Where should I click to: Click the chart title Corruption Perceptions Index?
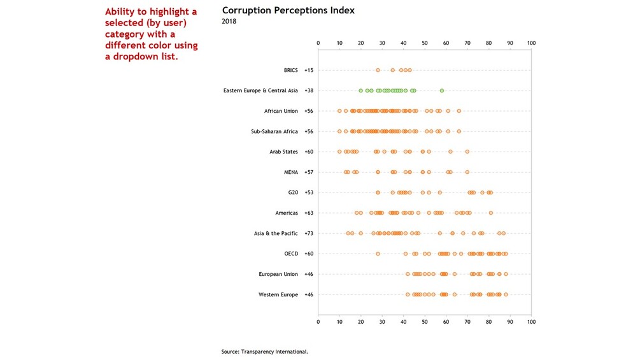tap(288, 11)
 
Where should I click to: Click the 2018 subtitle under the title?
tap(229, 22)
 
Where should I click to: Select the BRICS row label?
tap(290, 70)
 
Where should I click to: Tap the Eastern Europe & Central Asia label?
tap(260, 90)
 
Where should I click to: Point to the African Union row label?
tap(281, 111)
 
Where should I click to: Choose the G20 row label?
tap(292, 192)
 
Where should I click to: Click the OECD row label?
tap(291, 254)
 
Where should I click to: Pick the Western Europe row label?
tap(278, 294)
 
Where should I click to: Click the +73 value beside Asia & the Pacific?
tap(309, 233)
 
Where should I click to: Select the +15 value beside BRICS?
tap(309, 70)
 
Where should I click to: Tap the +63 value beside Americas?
tap(309, 213)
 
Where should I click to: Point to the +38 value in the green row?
tap(309, 90)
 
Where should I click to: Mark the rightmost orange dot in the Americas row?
tap(491, 213)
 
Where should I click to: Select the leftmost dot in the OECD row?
tap(378, 254)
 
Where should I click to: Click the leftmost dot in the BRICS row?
tap(378, 70)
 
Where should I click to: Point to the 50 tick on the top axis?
tap(425, 43)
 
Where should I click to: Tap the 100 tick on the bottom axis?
tap(531, 322)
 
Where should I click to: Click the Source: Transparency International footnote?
tap(265, 351)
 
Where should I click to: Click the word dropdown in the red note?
tap(138, 57)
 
